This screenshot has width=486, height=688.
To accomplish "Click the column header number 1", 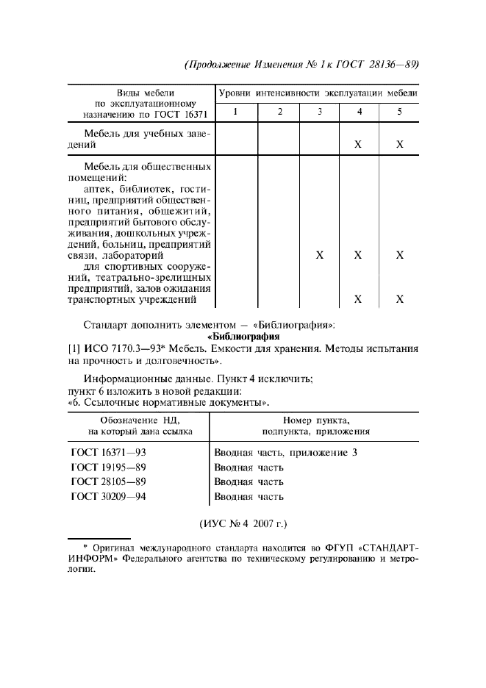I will [235, 112].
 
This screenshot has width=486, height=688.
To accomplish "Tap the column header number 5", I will [400, 112].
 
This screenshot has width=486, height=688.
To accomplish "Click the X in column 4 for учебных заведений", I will [358, 145].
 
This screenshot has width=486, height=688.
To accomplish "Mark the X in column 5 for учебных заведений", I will [400, 145].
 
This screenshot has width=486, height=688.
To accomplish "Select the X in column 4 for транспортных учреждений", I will [358, 299].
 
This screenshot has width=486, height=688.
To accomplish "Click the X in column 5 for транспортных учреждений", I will [400, 299].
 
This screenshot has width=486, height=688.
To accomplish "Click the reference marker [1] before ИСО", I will [74, 350].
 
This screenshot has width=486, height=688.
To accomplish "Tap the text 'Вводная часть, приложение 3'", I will [285, 453].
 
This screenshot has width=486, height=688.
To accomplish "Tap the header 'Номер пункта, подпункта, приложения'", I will [316, 425].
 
